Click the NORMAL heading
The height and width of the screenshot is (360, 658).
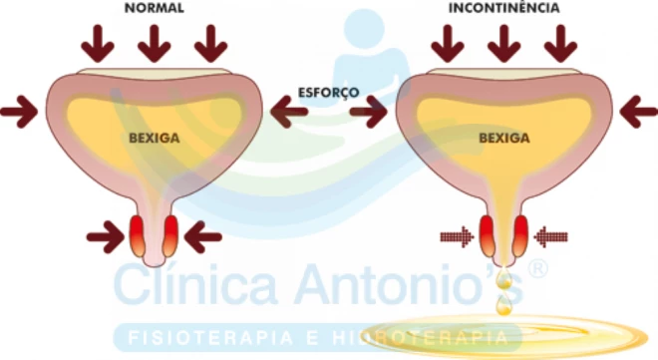(x=155, y=8)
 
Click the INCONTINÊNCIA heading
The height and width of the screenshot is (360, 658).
(x=504, y=8)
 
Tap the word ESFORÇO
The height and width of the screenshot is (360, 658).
(x=329, y=93)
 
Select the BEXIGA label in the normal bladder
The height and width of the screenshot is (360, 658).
(x=155, y=138)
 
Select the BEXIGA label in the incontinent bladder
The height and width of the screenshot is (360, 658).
(x=504, y=138)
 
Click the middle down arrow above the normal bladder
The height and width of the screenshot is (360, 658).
(x=155, y=44)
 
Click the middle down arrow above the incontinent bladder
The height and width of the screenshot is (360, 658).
(x=504, y=44)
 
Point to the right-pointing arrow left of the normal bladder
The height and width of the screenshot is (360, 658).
(x=19, y=112)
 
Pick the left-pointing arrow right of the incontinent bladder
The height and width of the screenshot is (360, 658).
(x=639, y=112)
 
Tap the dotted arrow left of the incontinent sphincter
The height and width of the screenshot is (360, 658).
(x=457, y=237)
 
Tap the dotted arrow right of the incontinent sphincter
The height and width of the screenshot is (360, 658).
(x=550, y=237)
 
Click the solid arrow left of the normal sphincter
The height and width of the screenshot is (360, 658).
(x=106, y=237)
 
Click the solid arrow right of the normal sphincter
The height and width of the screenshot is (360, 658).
(x=203, y=237)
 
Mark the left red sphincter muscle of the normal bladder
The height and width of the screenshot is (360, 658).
(x=138, y=235)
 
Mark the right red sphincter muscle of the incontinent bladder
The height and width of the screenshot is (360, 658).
(x=520, y=235)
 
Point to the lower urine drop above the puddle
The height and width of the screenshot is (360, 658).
(x=503, y=306)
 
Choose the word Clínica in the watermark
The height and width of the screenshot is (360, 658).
(x=196, y=283)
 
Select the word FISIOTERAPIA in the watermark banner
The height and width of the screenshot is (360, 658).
(x=210, y=338)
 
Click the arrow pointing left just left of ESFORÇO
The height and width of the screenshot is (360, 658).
(x=289, y=112)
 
